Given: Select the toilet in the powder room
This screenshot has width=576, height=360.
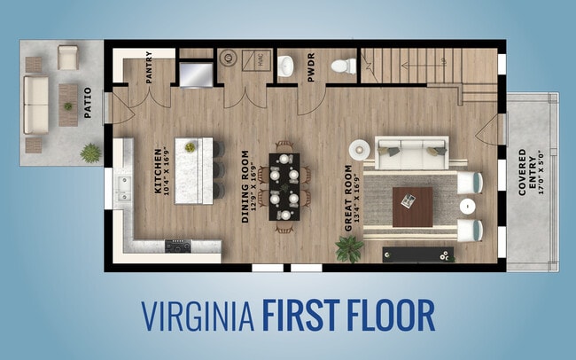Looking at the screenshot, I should pos(344,66).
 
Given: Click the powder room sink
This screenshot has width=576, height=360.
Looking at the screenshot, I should pos(286,66).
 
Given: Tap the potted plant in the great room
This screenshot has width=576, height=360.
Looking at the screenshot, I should pos(348,248).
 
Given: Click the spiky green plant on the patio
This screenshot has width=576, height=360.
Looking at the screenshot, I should pos(90,153).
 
